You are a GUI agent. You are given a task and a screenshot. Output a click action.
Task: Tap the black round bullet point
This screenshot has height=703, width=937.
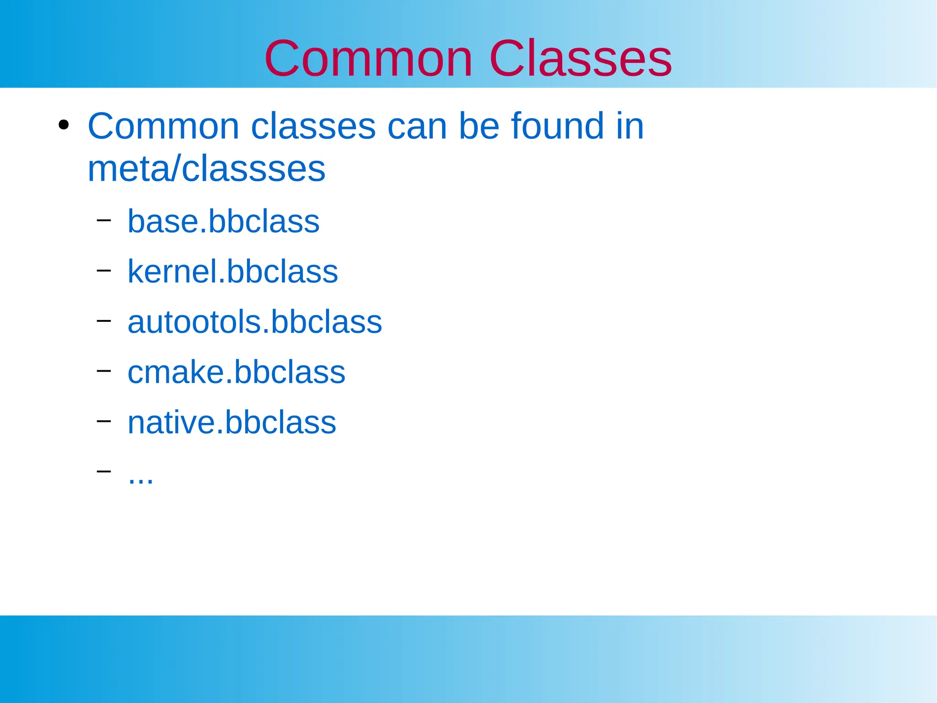click(x=64, y=125)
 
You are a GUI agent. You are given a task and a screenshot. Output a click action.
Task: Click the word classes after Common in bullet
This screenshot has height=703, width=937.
click(x=313, y=127)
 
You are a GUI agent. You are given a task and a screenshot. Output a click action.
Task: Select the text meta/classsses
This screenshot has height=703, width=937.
click(x=206, y=169)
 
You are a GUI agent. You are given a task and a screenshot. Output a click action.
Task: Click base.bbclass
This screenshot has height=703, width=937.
click(x=223, y=222)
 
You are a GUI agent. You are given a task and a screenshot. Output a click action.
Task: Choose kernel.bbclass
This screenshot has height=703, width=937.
click(x=232, y=272)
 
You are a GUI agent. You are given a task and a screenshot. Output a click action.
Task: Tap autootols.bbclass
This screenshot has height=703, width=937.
click(x=254, y=322)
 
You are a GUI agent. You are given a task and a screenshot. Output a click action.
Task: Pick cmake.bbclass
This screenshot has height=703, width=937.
click(x=236, y=372)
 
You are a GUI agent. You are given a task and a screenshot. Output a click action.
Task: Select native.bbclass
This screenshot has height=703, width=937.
click(x=232, y=422)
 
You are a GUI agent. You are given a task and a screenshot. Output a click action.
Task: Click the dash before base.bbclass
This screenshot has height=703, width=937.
click(x=104, y=220)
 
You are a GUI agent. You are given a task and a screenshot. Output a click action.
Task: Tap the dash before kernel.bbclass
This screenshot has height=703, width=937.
click(x=104, y=270)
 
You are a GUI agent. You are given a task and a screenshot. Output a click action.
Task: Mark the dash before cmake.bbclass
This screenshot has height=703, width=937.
click(x=104, y=370)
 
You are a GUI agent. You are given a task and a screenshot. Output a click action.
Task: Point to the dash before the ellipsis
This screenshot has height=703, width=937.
click(x=104, y=470)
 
